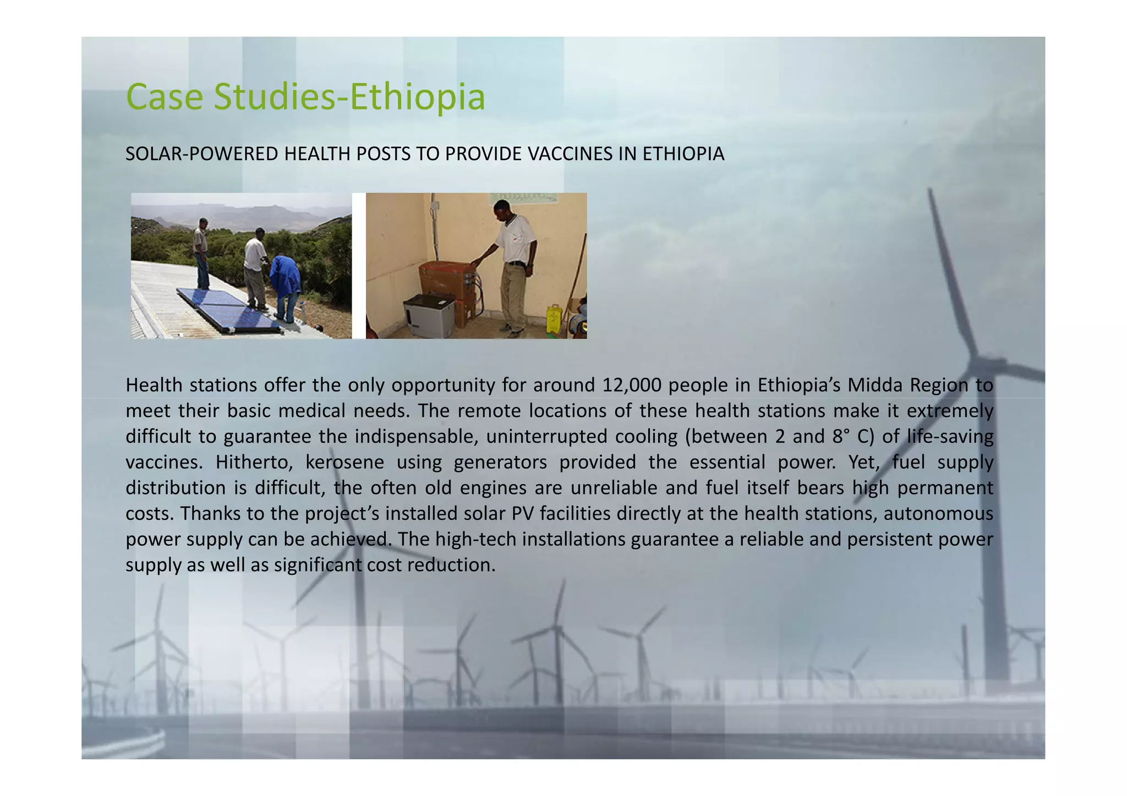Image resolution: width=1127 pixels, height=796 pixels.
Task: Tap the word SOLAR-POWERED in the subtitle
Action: click(202, 154)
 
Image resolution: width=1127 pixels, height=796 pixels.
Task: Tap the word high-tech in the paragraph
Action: click(475, 539)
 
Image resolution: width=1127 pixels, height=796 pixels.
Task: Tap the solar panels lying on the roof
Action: click(228, 309)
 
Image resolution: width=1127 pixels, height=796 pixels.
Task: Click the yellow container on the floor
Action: click(553, 320)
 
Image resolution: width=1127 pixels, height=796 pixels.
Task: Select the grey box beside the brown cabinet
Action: click(429, 315)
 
